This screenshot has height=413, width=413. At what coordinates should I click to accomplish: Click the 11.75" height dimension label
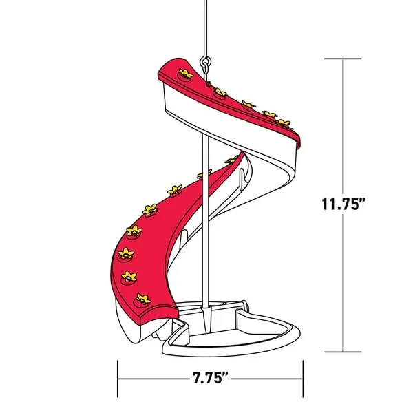click(x=352, y=204)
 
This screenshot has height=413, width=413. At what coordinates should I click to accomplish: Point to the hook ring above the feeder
click(x=204, y=63)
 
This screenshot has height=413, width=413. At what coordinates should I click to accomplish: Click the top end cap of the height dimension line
click(x=343, y=59)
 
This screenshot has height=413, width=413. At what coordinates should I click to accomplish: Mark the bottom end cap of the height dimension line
click(x=343, y=352)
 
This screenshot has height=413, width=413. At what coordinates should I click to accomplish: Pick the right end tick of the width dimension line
click(x=302, y=378)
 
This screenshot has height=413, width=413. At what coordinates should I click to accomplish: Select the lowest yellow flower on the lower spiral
click(x=142, y=299)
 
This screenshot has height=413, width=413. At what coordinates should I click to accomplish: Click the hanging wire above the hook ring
click(x=204, y=28)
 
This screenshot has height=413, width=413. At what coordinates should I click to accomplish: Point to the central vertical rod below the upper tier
click(x=204, y=206)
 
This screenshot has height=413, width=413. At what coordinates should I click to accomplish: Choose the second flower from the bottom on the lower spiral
click(x=129, y=277)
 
